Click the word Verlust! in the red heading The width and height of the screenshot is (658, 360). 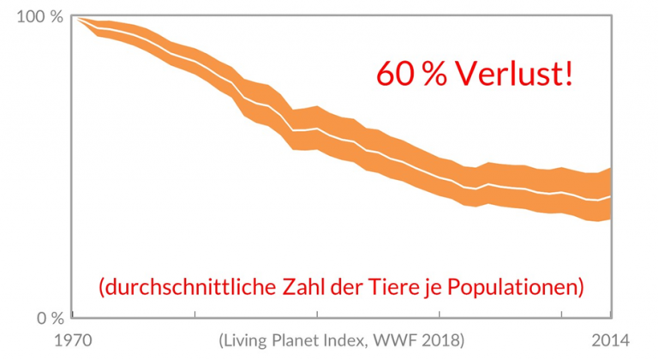tap(514, 73)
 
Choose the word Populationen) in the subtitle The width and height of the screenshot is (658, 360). tap(523, 285)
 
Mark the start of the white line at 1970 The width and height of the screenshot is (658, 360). tap(75, 17)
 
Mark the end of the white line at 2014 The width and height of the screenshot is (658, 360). tap(611, 196)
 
